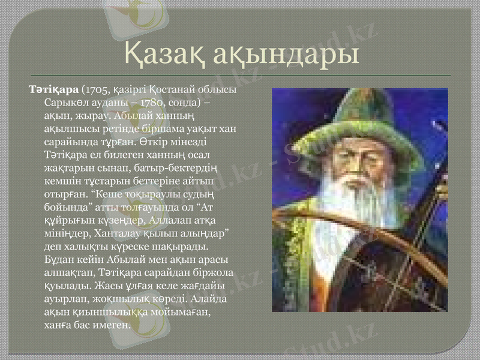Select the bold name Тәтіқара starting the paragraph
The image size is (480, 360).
point(55,90)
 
